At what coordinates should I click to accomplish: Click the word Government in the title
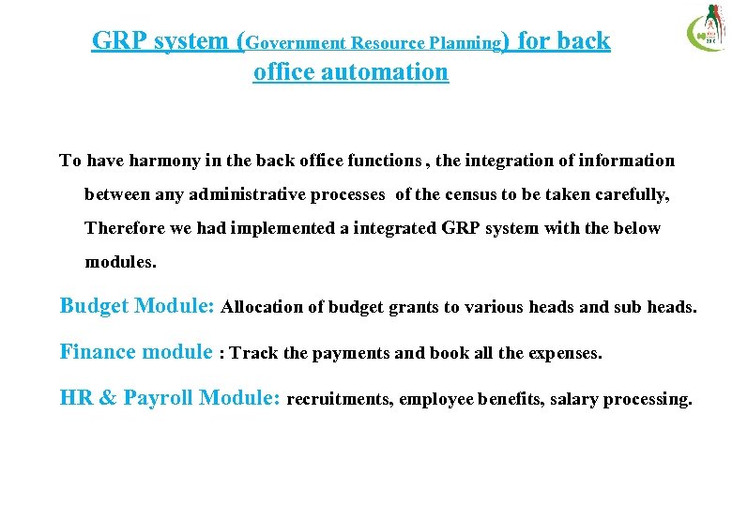coord(297,43)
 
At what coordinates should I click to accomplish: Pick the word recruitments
coord(339,400)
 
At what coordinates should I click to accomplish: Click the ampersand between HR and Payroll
coord(107,398)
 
